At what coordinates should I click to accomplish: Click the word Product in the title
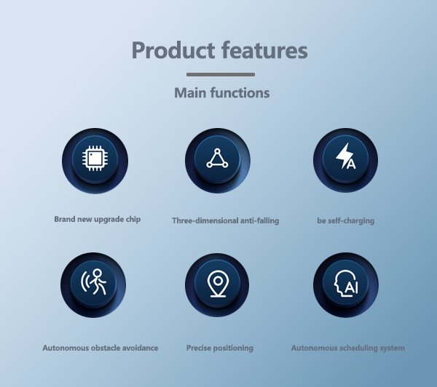point(173,50)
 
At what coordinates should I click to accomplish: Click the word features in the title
point(264,49)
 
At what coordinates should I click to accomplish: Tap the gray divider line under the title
point(221,74)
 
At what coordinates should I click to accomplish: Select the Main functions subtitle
point(222,92)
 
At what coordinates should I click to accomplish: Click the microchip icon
point(95,158)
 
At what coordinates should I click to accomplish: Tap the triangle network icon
point(217,159)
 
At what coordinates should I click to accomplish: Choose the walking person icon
point(94,282)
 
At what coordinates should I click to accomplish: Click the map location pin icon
point(218,283)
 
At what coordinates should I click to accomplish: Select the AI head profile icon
point(346,283)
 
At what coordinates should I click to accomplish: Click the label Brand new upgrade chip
point(98,219)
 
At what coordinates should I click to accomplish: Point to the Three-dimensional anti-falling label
point(226,220)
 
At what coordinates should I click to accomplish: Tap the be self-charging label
point(345,220)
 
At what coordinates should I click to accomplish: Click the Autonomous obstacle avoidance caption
point(101,348)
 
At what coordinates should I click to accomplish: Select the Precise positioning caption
point(220,348)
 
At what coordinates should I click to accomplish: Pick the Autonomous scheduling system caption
point(348,348)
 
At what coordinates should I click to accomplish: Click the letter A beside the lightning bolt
point(351,164)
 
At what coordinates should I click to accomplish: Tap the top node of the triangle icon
point(217,151)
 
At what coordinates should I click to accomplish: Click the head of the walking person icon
point(97,273)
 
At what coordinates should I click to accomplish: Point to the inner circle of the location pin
point(218,280)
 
